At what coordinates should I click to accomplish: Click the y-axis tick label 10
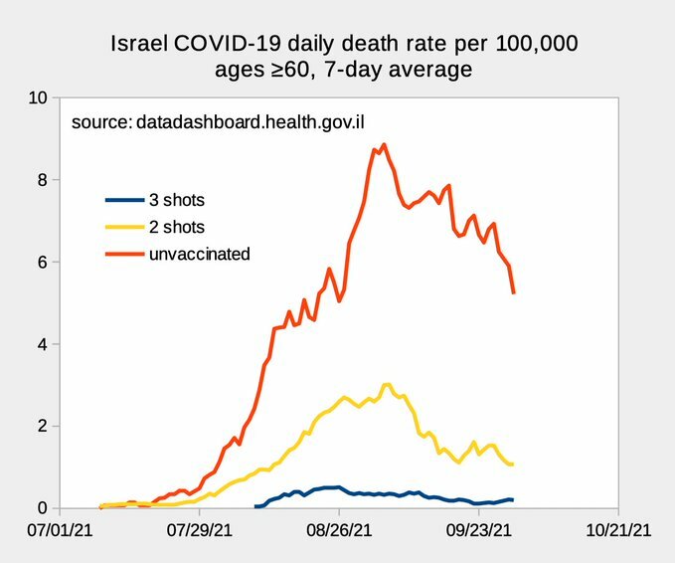(x=38, y=98)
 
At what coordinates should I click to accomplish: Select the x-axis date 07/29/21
(x=200, y=532)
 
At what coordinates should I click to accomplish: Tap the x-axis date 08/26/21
(x=339, y=532)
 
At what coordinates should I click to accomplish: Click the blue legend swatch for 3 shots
(x=124, y=200)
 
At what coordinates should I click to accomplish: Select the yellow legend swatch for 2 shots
(x=124, y=227)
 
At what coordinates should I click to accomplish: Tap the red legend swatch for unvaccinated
(x=124, y=255)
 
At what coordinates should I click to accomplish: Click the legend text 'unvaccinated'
(x=199, y=255)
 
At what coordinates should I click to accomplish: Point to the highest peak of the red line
(x=384, y=144)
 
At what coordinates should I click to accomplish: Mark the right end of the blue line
(x=512, y=499)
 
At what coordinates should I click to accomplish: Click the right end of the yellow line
(x=512, y=465)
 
